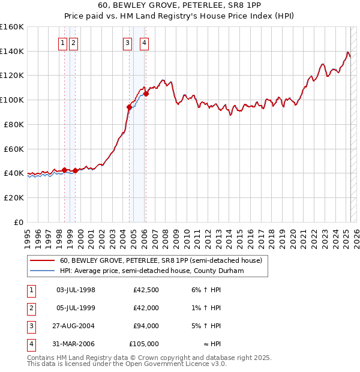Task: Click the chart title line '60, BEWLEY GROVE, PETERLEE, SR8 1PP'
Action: tap(179, 7)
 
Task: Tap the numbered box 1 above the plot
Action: tap(62, 43)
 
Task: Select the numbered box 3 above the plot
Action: tap(128, 43)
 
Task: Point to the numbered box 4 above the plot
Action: tap(145, 43)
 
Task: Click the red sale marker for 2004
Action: tap(129, 107)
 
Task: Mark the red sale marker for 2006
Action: tap(146, 94)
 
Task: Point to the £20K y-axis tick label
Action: tap(14, 197)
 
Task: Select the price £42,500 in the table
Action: tap(146, 290)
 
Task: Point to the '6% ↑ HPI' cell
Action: tap(206, 290)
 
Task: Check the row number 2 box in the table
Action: tap(30, 308)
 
